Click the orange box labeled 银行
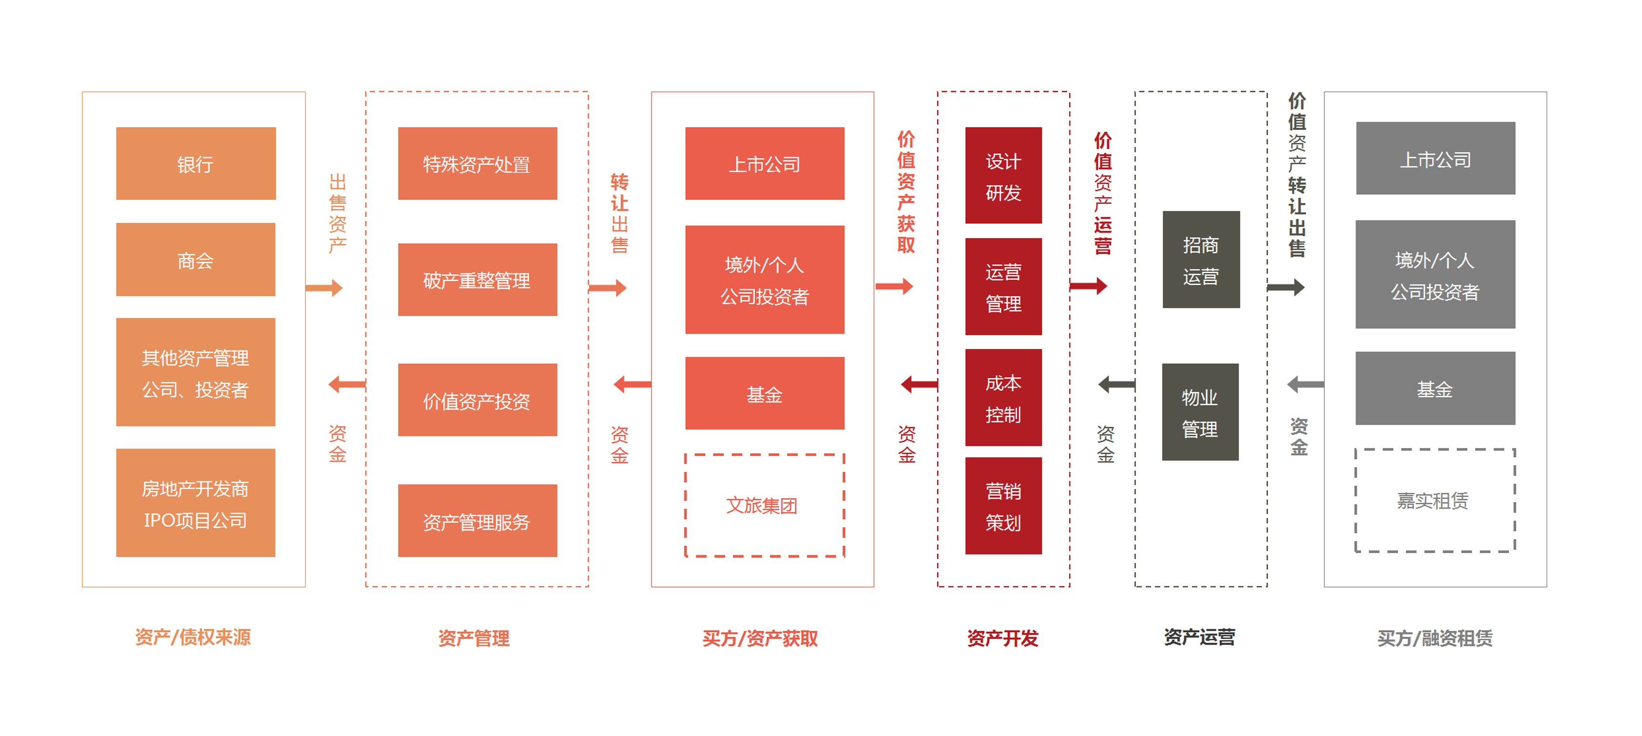(x=196, y=164)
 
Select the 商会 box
(x=196, y=259)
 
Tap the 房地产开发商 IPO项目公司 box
(x=196, y=503)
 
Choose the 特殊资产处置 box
(x=478, y=164)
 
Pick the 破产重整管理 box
(x=478, y=280)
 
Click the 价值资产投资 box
(x=478, y=400)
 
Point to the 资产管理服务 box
(x=478, y=521)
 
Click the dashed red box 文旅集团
(x=764, y=505)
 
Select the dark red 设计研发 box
(x=1003, y=175)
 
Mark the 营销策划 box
(x=1003, y=506)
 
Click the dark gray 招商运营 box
(x=1201, y=259)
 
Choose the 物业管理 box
(x=1200, y=412)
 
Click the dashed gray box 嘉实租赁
(x=1435, y=500)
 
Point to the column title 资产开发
(x=1002, y=638)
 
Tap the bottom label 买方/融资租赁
(x=1435, y=638)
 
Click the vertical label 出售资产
(x=337, y=213)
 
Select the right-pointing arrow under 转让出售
(x=608, y=288)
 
